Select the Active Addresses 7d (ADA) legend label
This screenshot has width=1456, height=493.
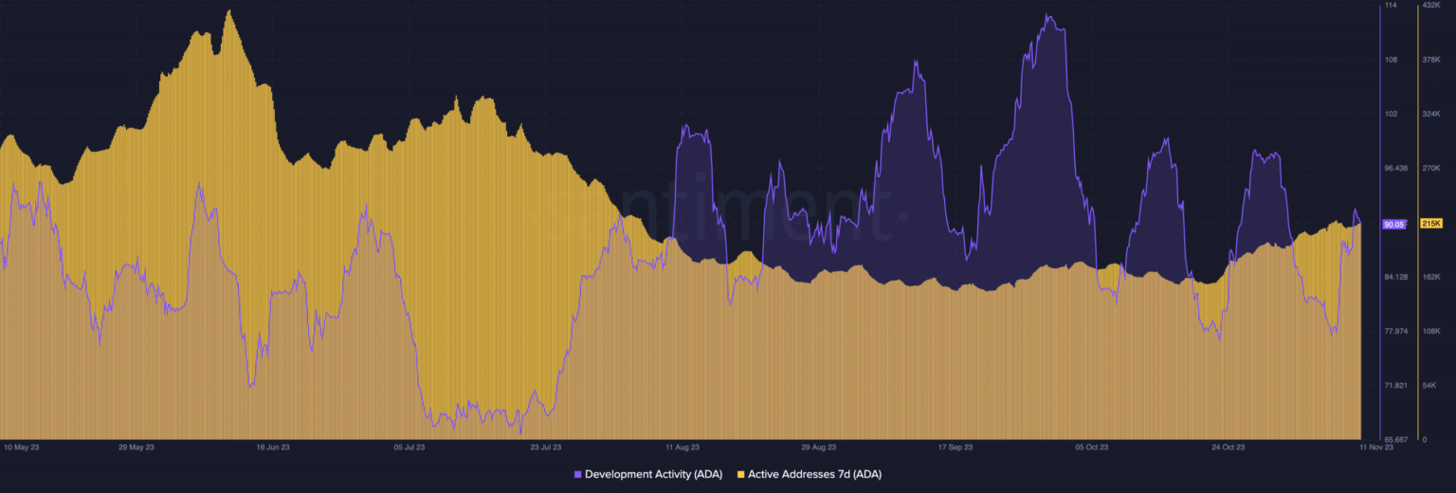[814, 473]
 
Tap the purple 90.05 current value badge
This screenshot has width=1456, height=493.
[1393, 224]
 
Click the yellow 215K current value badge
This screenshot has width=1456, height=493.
[1430, 223]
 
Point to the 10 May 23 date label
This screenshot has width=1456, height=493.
[21, 446]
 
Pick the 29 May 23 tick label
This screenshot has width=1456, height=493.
[136, 446]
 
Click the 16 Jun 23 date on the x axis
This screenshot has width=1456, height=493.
[273, 446]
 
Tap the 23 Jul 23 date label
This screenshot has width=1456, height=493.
[546, 446]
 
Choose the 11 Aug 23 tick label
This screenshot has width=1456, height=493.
[682, 446]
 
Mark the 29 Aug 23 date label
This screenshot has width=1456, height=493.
[820, 446]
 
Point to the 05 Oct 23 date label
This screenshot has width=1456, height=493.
[1091, 446]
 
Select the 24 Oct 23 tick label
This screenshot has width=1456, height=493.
[1228, 446]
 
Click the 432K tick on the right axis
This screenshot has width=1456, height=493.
[1431, 6]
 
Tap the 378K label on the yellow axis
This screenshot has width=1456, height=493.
[1431, 60]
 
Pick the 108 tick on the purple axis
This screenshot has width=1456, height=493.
[1391, 60]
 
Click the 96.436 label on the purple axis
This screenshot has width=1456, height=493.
[1396, 168]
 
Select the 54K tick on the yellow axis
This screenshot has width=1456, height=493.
[1429, 386]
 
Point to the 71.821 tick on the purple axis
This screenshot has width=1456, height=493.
[1396, 386]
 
